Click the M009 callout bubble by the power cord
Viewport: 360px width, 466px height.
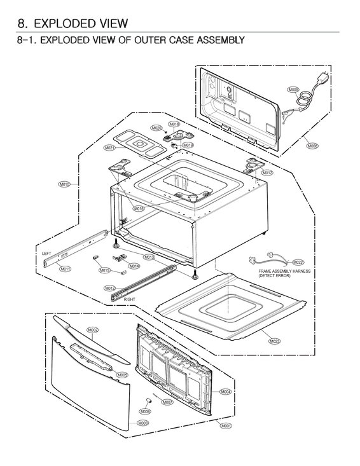click(293, 90)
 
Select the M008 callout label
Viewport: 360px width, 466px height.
click(312, 146)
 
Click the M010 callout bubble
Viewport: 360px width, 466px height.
click(64, 184)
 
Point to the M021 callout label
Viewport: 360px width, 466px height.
click(109, 147)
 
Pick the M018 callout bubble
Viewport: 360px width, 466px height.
click(174, 124)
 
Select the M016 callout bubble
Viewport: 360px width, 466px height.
click(139, 209)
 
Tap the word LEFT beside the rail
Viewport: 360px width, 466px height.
click(46, 254)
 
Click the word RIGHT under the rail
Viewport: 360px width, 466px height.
click(130, 299)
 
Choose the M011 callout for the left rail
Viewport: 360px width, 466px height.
click(66, 269)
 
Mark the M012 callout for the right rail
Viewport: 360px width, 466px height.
click(109, 288)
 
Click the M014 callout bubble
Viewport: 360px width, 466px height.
click(134, 266)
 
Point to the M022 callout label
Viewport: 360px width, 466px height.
click(298, 262)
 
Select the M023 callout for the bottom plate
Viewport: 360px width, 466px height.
click(275, 341)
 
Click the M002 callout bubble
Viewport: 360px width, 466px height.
click(92, 330)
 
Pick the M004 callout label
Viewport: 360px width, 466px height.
click(225, 392)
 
